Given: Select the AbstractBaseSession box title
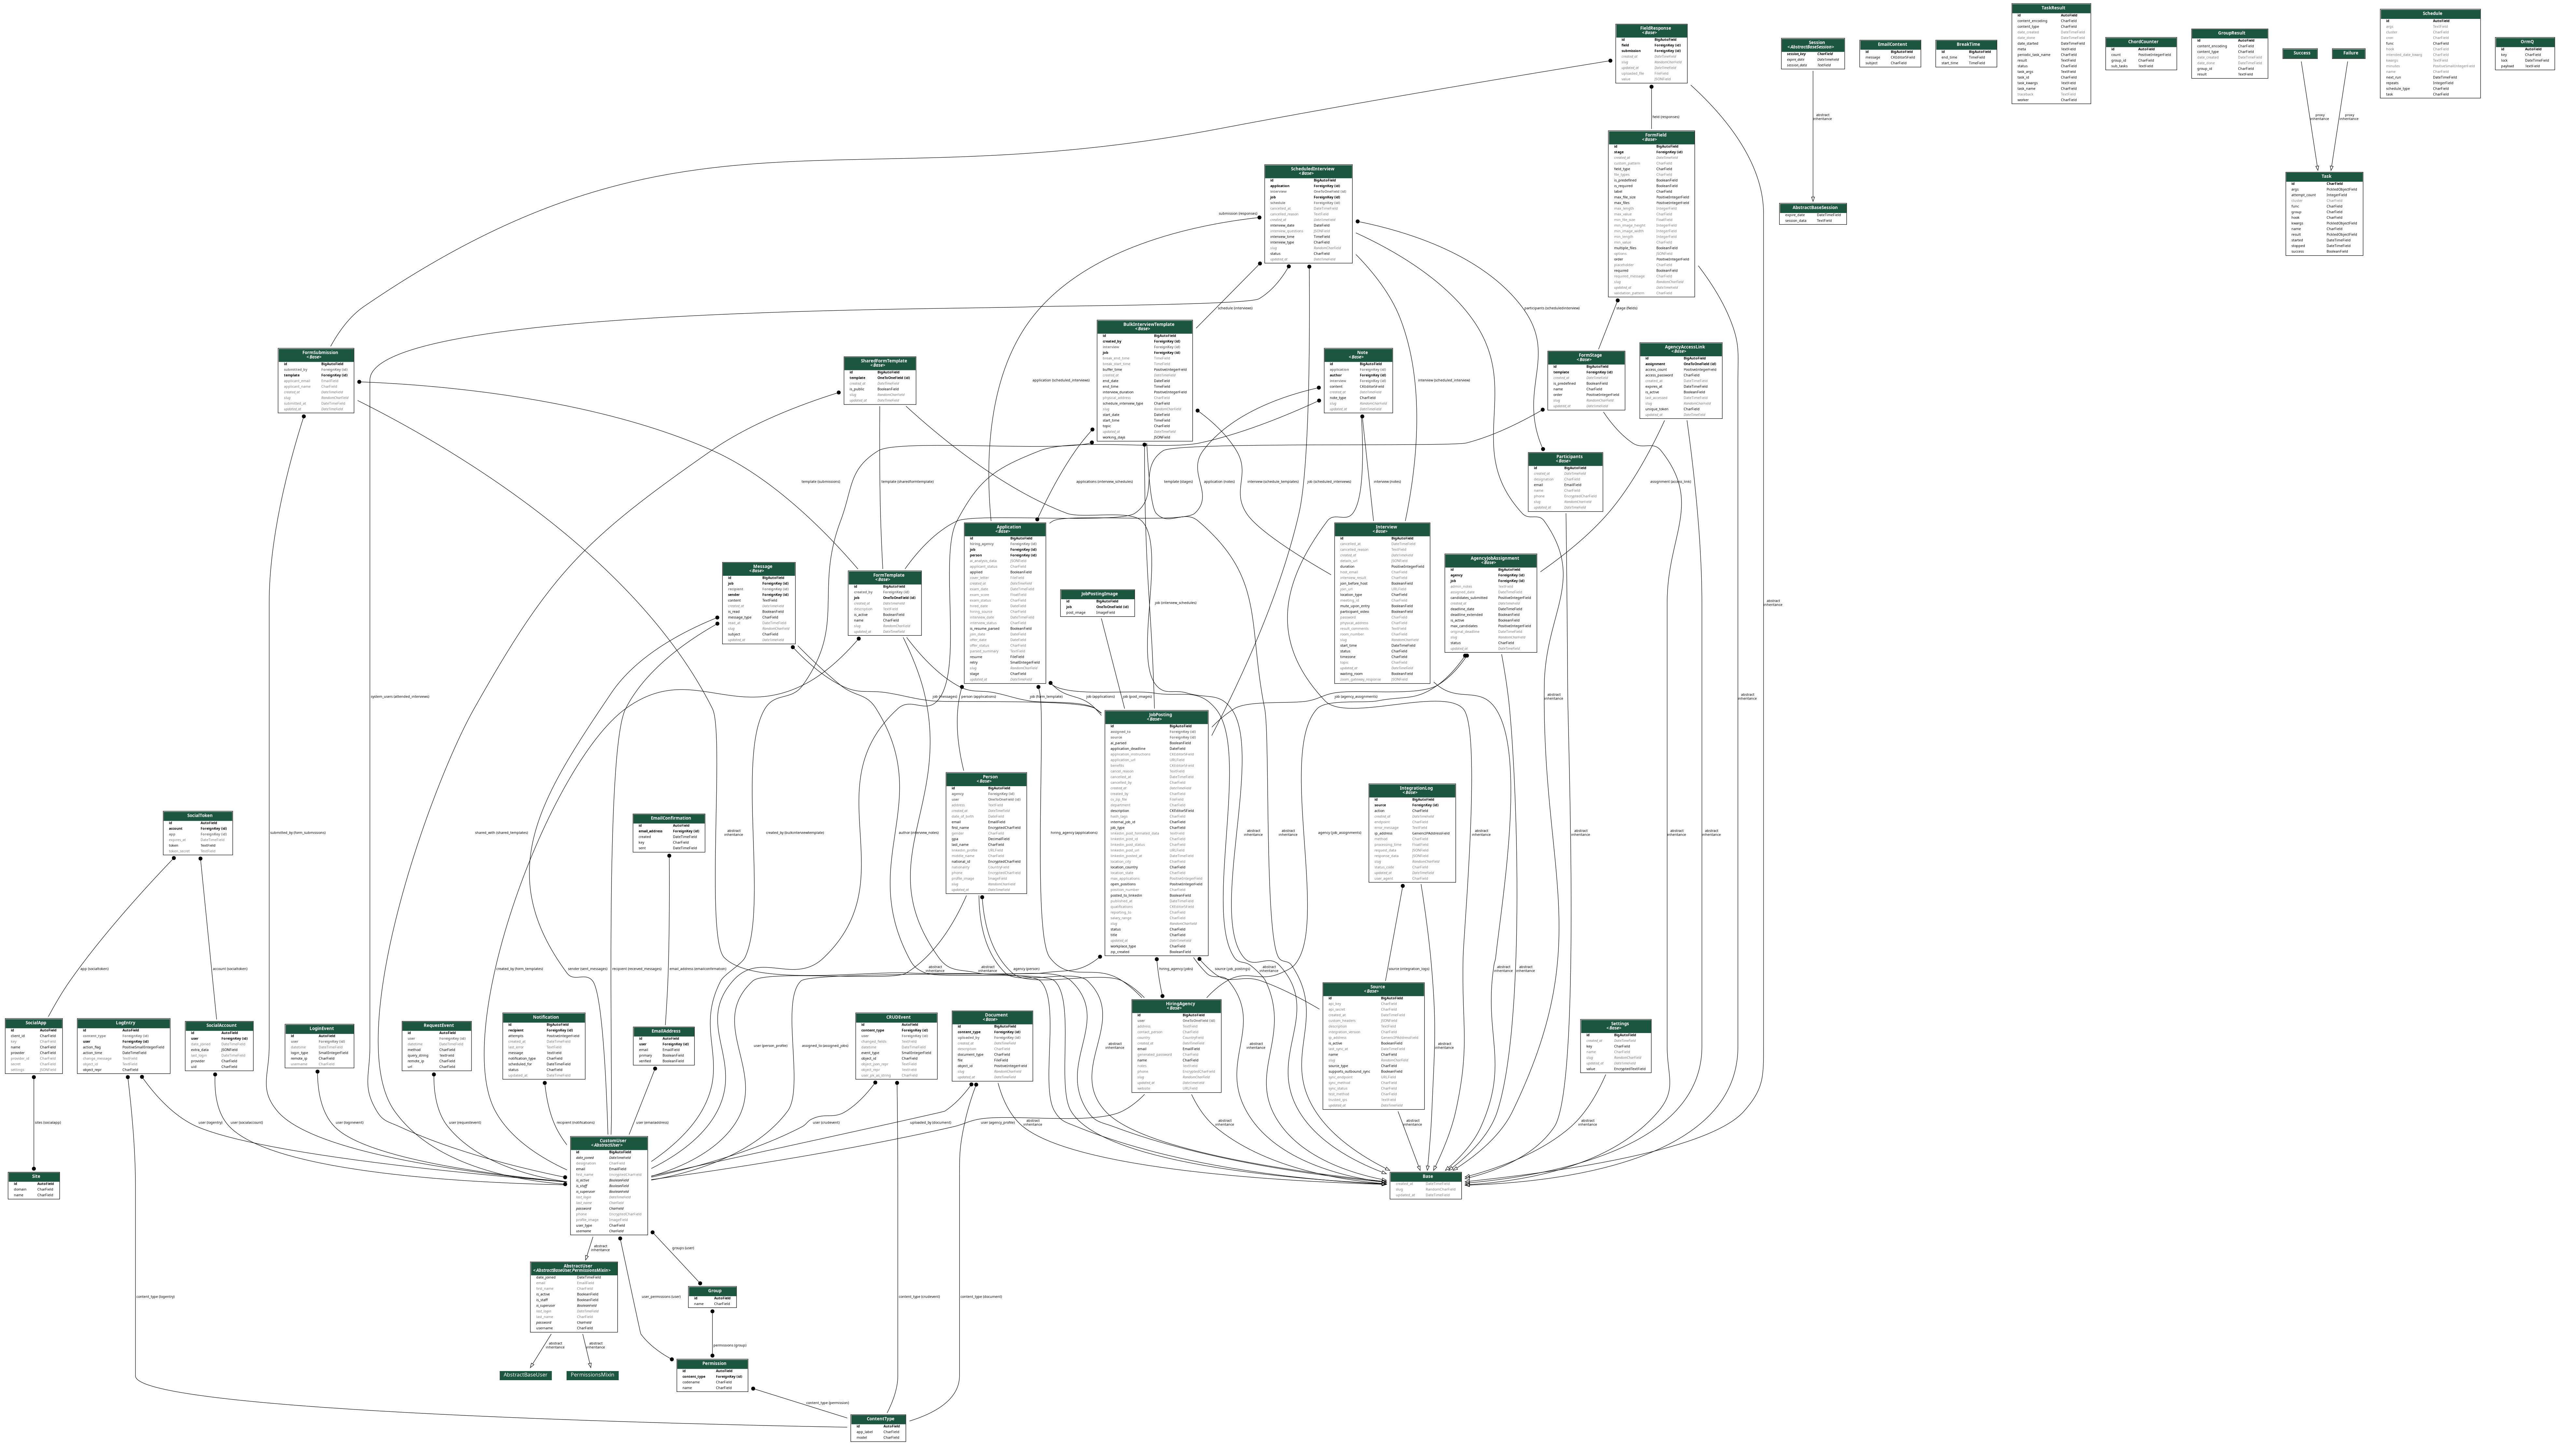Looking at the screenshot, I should click(x=1814, y=208).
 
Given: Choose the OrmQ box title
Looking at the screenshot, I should click(x=2525, y=42).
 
